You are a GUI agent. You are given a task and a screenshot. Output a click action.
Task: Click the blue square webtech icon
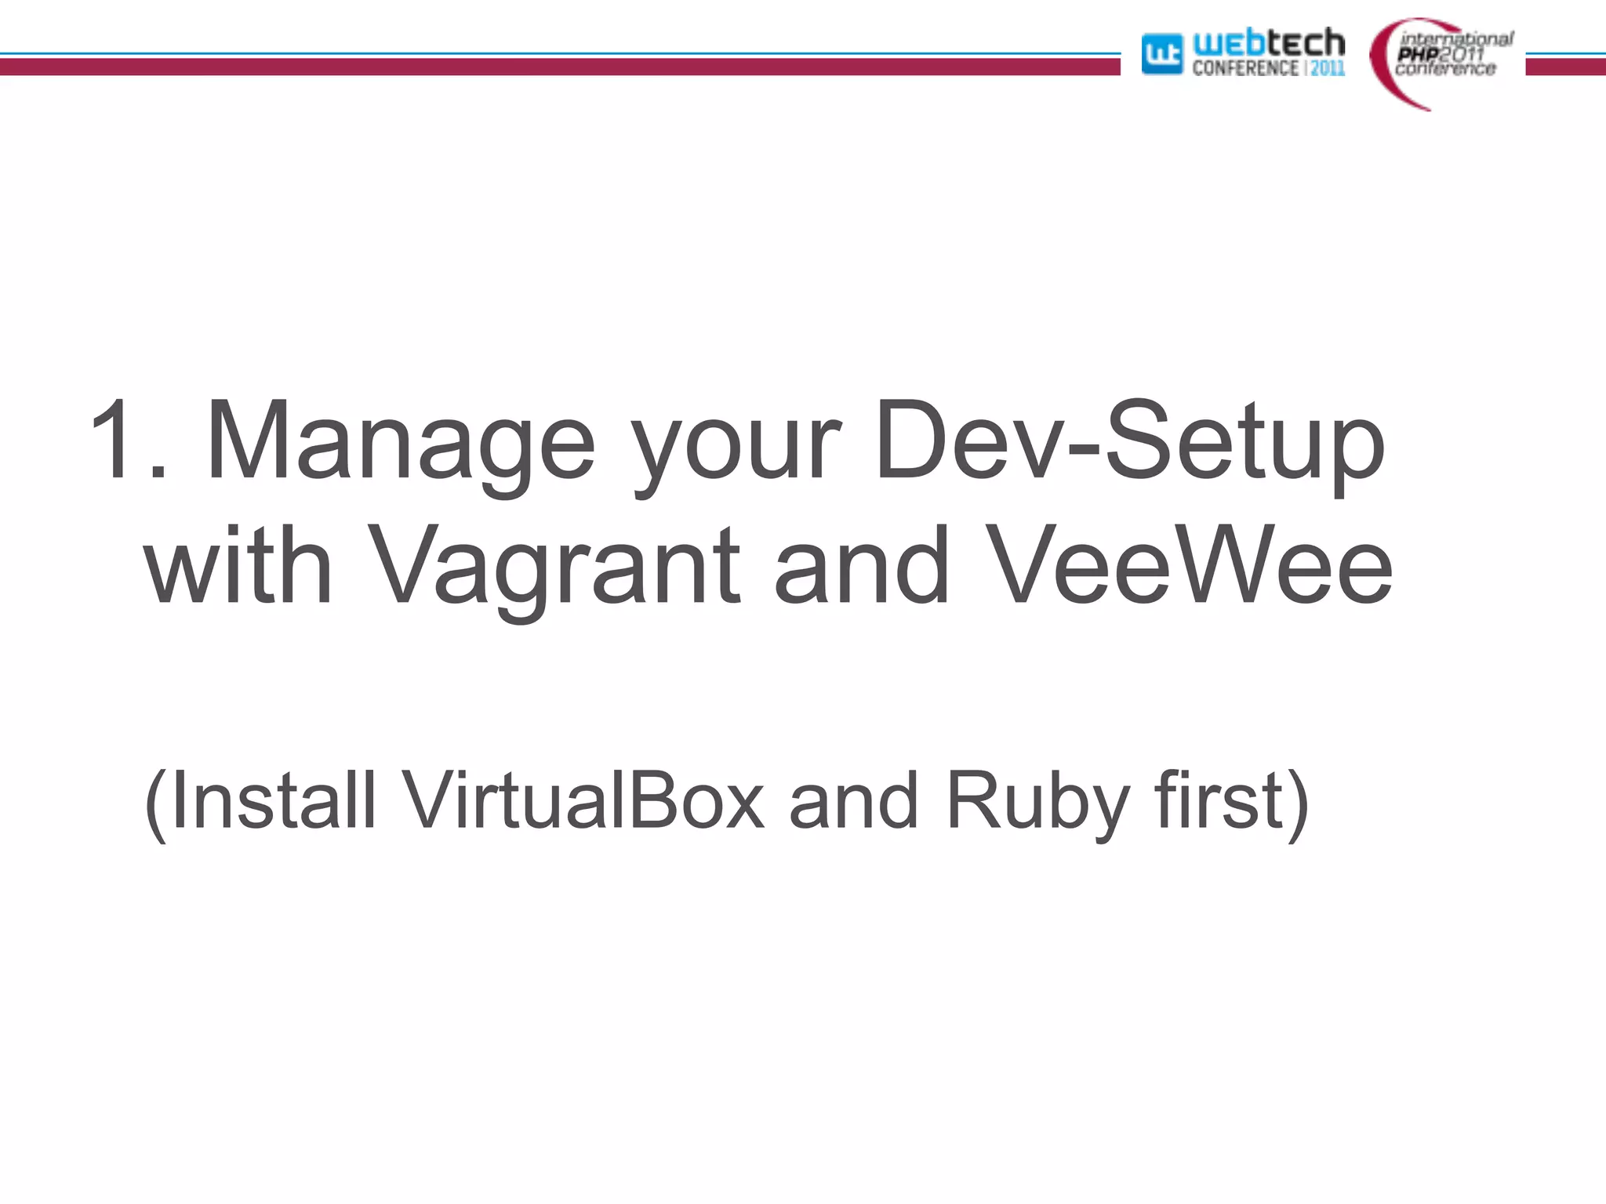(1161, 54)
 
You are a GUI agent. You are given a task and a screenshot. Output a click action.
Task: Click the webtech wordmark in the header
(1268, 42)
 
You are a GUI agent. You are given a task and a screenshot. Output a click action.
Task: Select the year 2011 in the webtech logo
(1328, 69)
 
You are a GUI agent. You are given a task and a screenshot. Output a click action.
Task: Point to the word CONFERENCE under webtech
(1244, 69)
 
